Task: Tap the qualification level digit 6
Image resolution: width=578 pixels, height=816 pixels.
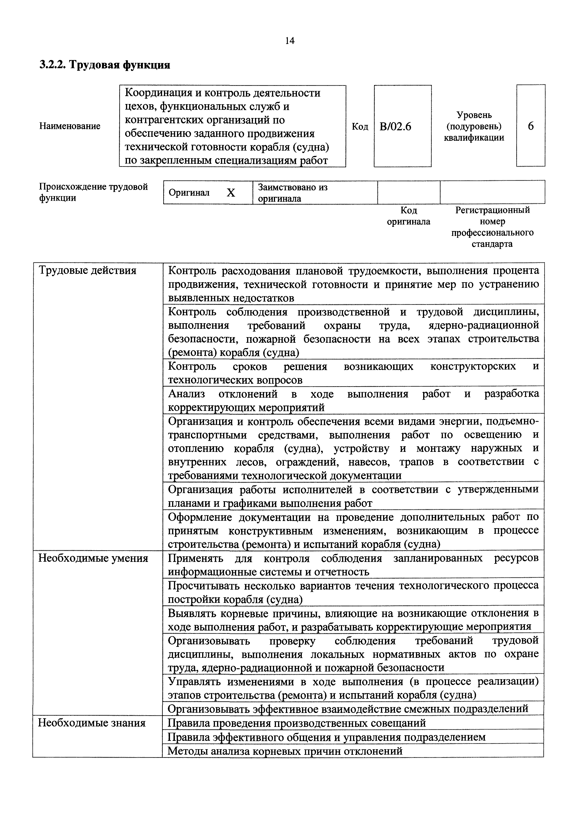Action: pos(530,126)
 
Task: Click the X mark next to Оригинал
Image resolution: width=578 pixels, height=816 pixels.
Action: pos(231,193)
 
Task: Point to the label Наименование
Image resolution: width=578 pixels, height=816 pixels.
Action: pos(70,126)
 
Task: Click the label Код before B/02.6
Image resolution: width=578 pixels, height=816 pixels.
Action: pos(360,127)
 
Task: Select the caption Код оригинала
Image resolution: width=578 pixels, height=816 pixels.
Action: pos(409,216)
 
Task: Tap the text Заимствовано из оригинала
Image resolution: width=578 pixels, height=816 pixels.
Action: pos(292,193)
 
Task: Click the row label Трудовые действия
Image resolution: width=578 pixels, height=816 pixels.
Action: pos(88,271)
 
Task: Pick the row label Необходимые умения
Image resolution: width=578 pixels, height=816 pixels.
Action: pos(93,558)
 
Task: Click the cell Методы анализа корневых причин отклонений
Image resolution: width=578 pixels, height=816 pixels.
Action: pos(285,751)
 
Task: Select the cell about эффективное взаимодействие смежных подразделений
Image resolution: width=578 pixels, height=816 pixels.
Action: pos(348,709)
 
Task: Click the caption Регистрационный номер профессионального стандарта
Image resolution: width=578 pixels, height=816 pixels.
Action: pos(492,227)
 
